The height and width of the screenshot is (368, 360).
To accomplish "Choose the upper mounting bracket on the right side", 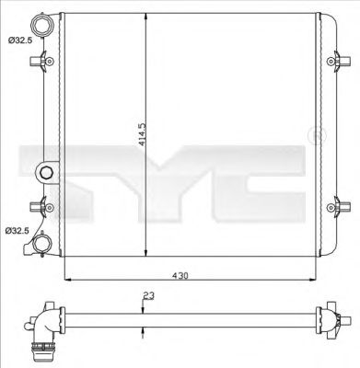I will (335, 63).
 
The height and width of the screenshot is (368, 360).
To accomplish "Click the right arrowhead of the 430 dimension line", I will (316, 277).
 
